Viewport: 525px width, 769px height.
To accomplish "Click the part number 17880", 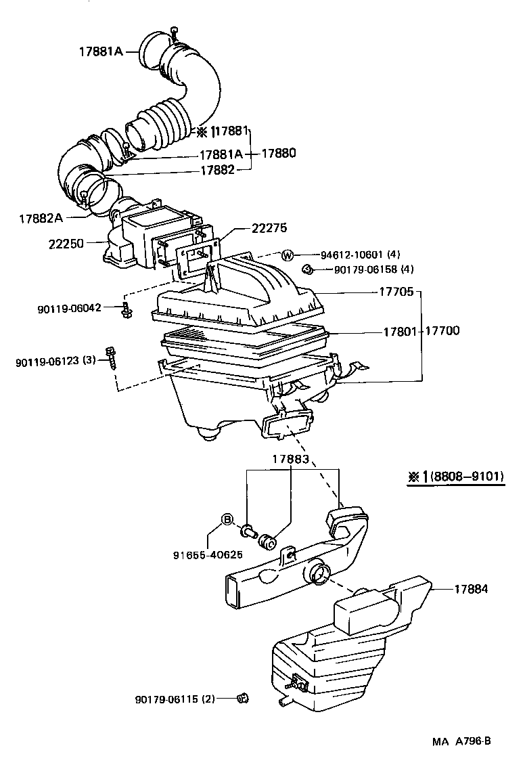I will pyautogui.click(x=277, y=154).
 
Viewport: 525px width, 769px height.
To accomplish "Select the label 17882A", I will pyautogui.click(x=41, y=218).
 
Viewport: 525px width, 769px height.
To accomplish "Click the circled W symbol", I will pyautogui.click(x=288, y=255).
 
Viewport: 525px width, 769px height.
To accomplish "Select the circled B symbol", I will pyautogui.click(x=228, y=519).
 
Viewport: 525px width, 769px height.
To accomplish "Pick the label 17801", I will pyautogui.click(x=401, y=332).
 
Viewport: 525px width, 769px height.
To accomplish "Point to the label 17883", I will pyautogui.click(x=291, y=459).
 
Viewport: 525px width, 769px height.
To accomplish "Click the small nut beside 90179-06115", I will pyautogui.click(x=241, y=699).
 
